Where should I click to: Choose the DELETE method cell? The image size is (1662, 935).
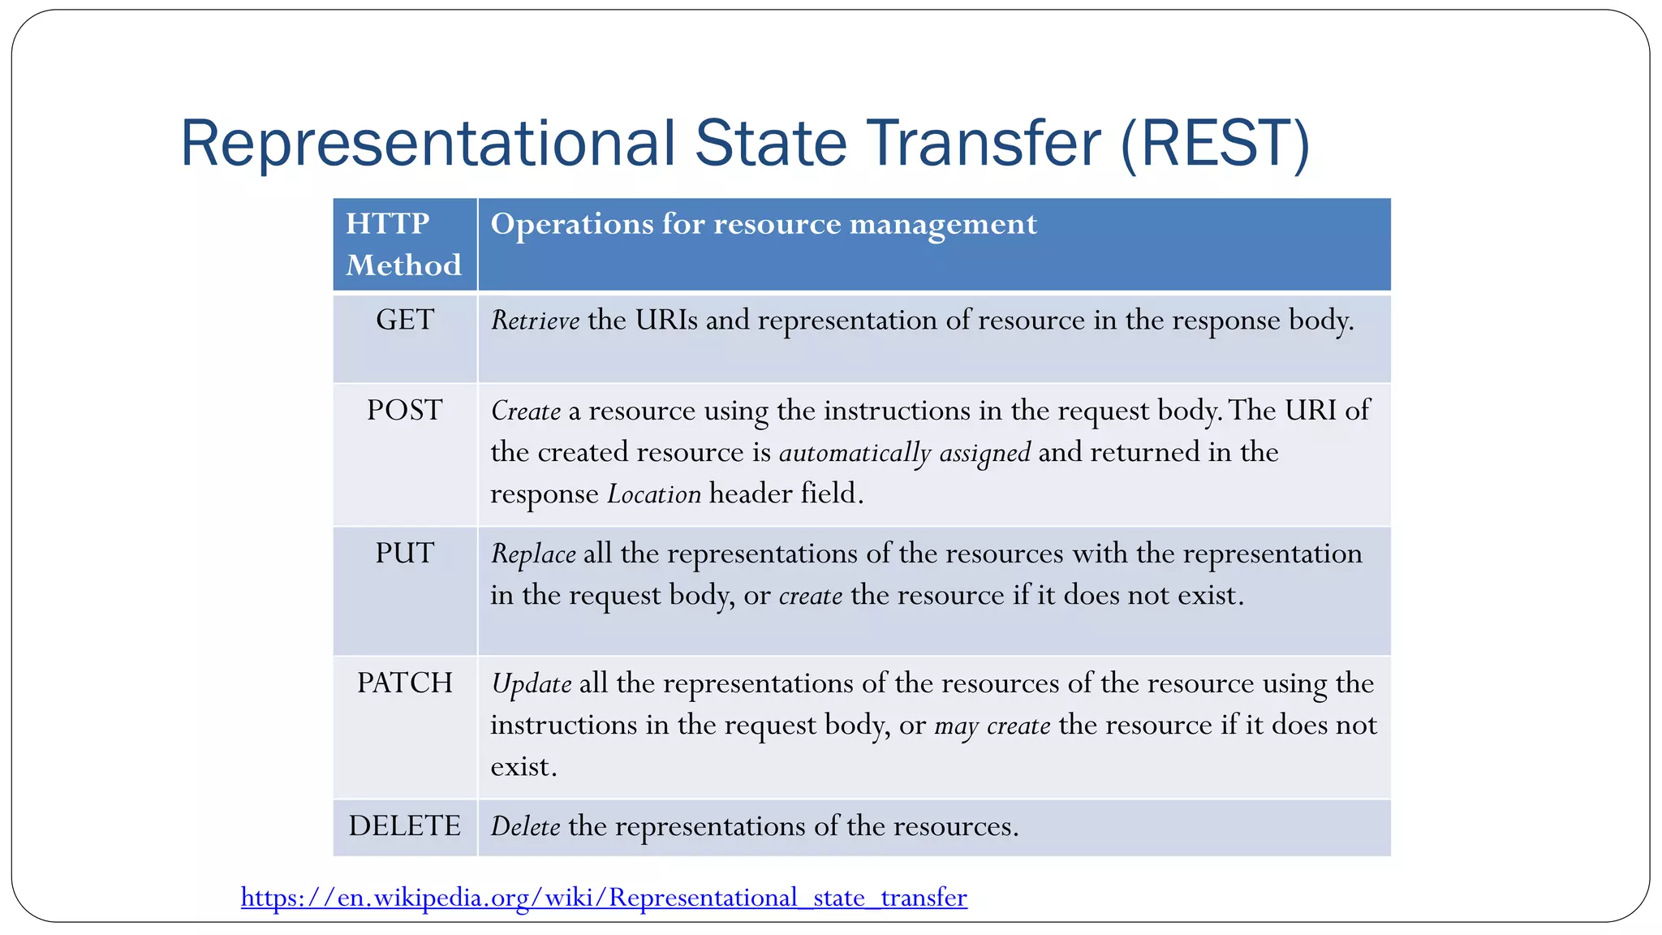404,826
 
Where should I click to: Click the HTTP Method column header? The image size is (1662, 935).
403,244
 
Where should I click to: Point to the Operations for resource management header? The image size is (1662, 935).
764,225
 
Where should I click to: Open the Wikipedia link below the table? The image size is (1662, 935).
604,898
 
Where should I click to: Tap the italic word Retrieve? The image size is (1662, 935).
535,321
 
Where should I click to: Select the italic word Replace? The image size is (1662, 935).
533,554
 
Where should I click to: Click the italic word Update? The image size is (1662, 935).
532,684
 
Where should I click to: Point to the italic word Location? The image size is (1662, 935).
654,494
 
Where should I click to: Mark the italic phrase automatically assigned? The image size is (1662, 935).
904,453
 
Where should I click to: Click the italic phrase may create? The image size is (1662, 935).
992,726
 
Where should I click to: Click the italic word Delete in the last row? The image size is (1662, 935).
525,827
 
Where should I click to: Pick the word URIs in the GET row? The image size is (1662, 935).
666,321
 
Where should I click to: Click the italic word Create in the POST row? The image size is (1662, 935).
526,411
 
